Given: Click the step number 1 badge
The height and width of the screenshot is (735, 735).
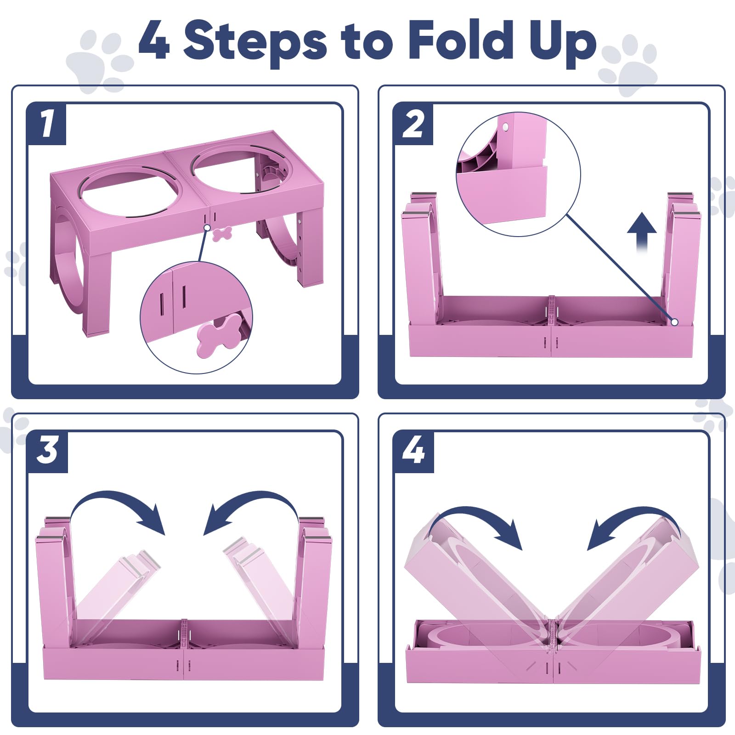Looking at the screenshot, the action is pos(47,124).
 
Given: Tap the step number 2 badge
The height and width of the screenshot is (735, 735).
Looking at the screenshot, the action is pos(413,124).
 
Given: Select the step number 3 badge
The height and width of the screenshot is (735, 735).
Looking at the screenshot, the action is pos(47,452).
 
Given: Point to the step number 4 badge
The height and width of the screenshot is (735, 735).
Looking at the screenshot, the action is pos(413,452).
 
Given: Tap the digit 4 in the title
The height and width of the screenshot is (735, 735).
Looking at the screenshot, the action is pos(155,40).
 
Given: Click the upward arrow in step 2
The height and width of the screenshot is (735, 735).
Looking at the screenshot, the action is pos(642,232).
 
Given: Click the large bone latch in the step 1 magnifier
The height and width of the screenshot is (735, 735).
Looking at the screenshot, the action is pos(220,335).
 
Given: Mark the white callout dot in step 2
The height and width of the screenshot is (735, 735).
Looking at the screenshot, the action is pos(674,322).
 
